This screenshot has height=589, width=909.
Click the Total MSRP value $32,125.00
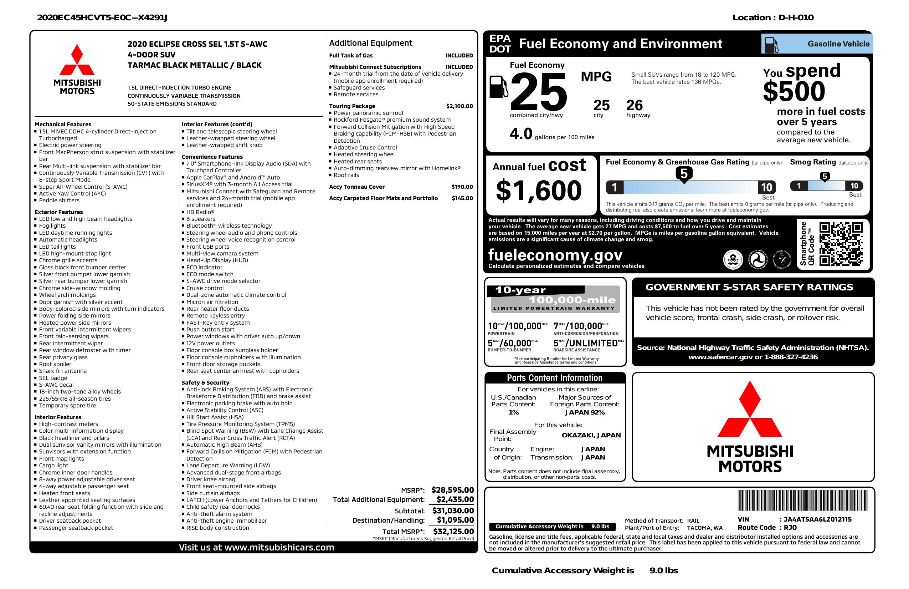(x=453, y=531)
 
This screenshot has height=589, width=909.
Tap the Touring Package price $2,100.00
(x=459, y=106)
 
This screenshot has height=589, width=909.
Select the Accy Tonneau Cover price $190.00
(x=462, y=187)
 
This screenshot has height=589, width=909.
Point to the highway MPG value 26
(x=635, y=105)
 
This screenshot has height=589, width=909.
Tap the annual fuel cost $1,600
(x=539, y=191)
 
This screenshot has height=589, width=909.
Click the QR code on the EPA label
(x=841, y=244)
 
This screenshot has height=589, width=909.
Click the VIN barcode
(x=802, y=501)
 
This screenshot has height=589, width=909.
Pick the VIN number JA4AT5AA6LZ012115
(x=817, y=519)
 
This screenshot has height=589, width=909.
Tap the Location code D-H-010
(x=796, y=17)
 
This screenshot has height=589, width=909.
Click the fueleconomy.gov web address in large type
(x=555, y=255)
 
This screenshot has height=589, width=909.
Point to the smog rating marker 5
(x=825, y=177)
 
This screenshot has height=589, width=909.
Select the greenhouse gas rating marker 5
(x=684, y=174)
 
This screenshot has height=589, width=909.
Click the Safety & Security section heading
(x=205, y=382)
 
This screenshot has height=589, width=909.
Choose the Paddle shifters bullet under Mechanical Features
(x=59, y=200)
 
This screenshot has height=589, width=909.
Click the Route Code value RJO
(x=790, y=528)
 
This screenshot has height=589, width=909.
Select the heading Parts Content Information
(x=554, y=378)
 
